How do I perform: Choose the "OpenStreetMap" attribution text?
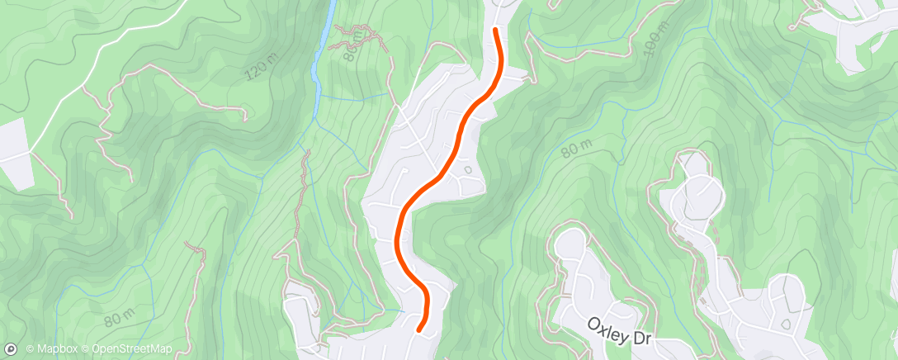pyautogui.click(x=131, y=349)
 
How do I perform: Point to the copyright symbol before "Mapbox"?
pyautogui.click(x=30, y=349)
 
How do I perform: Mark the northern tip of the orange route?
pyautogui.click(x=495, y=31)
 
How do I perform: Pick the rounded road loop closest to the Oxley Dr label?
pyautogui.click(x=569, y=247)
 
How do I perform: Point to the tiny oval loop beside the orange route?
pyautogui.click(x=468, y=170)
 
